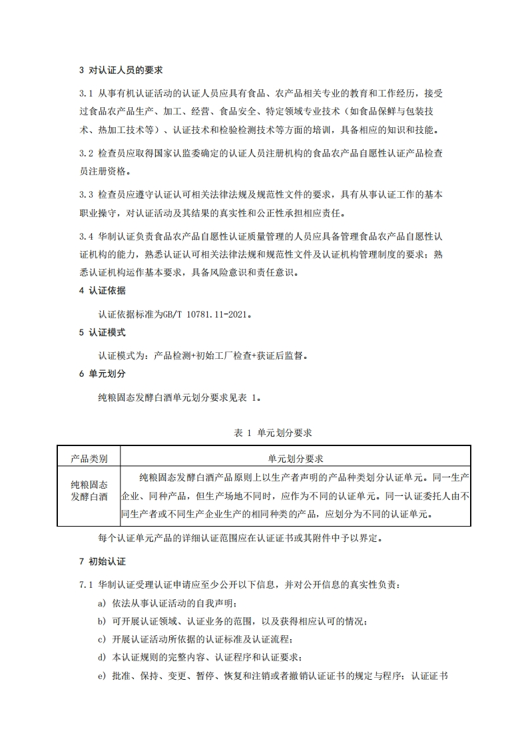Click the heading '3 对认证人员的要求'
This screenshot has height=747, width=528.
(x=121, y=69)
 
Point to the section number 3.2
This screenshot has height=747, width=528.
(x=85, y=152)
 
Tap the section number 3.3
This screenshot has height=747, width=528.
(x=85, y=194)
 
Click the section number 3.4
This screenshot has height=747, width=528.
(x=85, y=236)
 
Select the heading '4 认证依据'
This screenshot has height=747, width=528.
(x=102, y=291)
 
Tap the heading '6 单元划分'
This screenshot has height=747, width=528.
(x=102, y=374)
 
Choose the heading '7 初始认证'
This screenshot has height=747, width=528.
(x=102, y=561)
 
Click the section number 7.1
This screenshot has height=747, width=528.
(x=85, y=585)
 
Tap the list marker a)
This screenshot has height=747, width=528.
(x=102, y=603)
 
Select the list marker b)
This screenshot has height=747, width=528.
(x=102, y=622)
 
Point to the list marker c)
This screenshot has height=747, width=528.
(x=102, y=640)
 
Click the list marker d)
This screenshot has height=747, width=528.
(x=102, y=658)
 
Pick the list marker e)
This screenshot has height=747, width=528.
(x=102, y=676)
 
